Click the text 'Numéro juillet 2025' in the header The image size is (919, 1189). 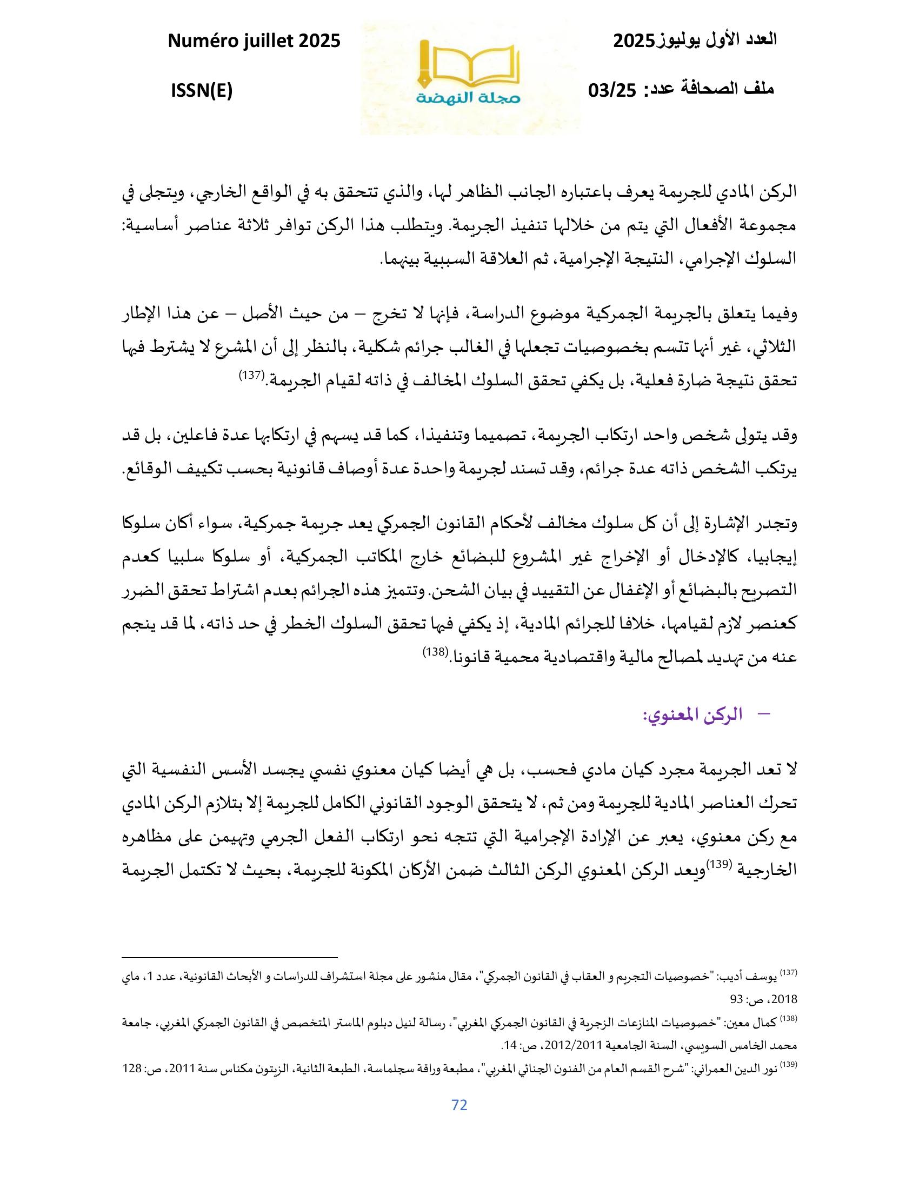tap(254, 42)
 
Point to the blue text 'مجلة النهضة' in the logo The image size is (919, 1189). tap(469, 99)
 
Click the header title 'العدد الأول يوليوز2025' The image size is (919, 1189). tap(695, 41)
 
